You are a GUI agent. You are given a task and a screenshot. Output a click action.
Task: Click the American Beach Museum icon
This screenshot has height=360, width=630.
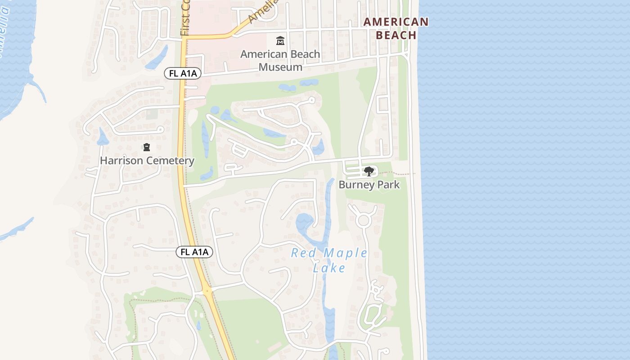click(280, 41)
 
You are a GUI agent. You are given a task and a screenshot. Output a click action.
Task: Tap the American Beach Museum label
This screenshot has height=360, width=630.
click(280, 61)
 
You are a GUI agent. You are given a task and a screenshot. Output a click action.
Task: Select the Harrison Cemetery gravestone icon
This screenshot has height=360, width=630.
click(146, 147)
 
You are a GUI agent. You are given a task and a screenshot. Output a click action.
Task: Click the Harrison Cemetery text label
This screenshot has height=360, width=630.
click(147, 161)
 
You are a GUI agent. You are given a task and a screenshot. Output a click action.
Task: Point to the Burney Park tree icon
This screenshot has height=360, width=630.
click(369, 171)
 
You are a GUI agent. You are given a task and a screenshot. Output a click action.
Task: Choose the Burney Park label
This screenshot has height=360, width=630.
click(369, 184)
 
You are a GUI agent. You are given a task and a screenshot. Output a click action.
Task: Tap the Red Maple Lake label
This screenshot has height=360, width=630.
click(329, 260)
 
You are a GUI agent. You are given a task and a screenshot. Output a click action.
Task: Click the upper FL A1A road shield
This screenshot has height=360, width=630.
click(182, 73)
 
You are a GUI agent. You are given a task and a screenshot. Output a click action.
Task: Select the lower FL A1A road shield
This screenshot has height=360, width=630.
click(194, 252)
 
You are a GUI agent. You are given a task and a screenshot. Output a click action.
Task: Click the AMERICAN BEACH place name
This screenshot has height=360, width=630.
click(396, 28)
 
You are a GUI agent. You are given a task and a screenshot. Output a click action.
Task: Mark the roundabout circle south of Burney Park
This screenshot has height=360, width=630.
click(363, 220)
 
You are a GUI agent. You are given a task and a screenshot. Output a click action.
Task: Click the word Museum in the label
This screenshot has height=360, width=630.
click(280, 67)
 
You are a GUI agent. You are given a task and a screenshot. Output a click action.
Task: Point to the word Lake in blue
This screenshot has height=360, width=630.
click(329, 268)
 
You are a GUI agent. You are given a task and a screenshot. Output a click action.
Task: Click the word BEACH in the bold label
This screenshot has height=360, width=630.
click(396, 35)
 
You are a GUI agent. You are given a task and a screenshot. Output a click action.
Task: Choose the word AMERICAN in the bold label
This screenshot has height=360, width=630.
click(396, 22)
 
